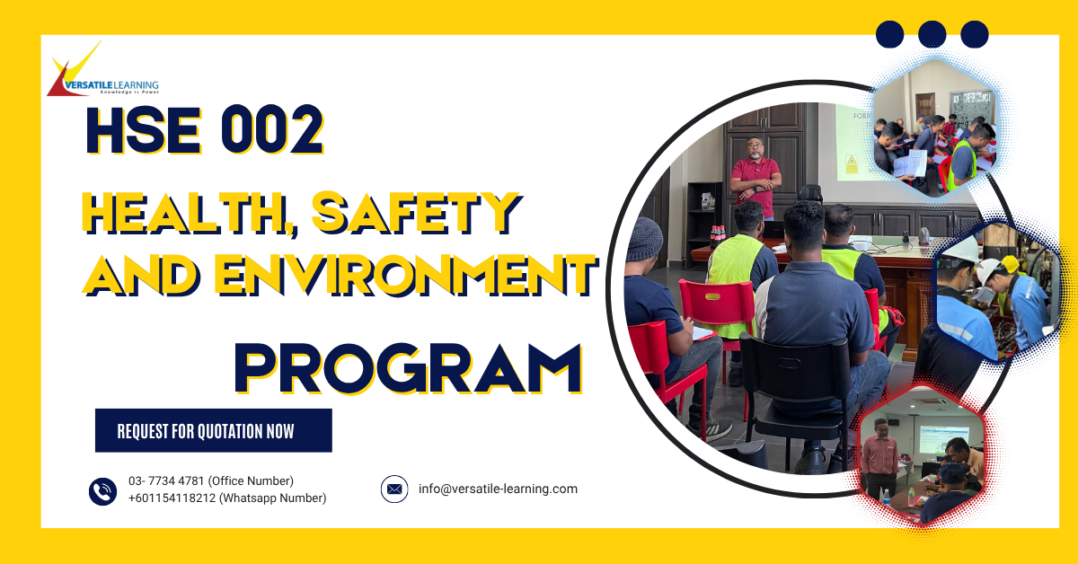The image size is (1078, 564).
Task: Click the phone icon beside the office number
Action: [x=103, y=490]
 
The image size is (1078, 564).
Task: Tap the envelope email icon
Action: [x=394, y=489]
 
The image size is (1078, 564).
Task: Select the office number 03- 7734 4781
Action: [x=211, y=481]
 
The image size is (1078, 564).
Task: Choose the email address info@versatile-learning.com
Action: [x=498, y=489]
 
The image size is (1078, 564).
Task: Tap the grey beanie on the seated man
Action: [x=644, y=238]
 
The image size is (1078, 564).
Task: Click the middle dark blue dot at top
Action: [x=932, y=34]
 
